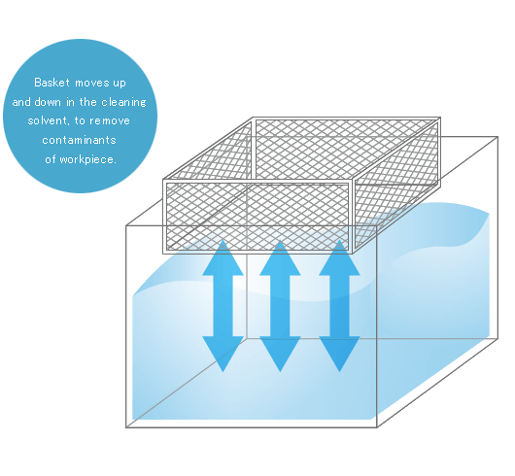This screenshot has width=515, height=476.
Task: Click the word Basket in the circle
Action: [x=51, y=83]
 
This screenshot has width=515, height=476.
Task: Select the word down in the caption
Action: [x=48, y=102]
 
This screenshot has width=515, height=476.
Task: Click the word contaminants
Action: [x=79, y=140]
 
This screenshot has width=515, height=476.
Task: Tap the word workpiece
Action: [x=88, y=160]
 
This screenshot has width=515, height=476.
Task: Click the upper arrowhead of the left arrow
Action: [x=223, y=257]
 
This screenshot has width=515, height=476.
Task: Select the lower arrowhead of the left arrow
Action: [x=223, y=354]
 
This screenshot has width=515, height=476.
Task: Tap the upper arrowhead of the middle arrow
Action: [x=280, y=257]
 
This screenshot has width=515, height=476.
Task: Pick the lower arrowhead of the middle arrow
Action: [x=280, y=354]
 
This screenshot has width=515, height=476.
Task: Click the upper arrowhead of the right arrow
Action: [x=340, y=257]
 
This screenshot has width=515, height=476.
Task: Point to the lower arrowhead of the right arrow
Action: [x=340, y=354]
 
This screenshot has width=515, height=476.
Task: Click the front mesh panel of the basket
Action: [x=257, y=217]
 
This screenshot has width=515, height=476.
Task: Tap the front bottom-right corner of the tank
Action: [x=377, y=427]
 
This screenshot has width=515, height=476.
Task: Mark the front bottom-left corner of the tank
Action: [x=126, y=427]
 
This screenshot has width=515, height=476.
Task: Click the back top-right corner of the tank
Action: [x=498, y=137]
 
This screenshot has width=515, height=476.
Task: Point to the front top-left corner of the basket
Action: [x=163, y=180]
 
